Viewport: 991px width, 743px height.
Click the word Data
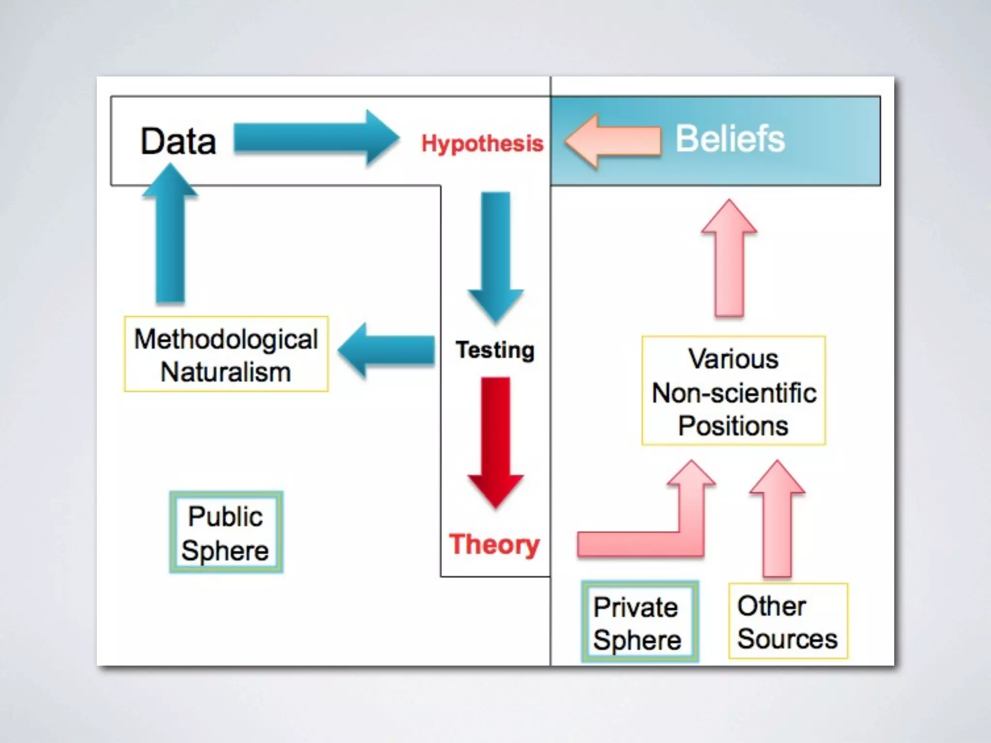(178, 141)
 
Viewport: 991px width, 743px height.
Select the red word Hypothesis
(482, 144)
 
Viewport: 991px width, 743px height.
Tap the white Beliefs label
(730, 139)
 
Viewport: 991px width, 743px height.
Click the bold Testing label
(495, 350)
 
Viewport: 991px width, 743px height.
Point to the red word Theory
(494, 545)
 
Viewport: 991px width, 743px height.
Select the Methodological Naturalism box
(226, 354)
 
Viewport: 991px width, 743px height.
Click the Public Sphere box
(226, 532)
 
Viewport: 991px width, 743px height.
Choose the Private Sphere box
(640, 622)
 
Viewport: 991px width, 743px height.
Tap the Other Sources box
(788, 621)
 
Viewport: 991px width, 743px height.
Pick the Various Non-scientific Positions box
(734, 391)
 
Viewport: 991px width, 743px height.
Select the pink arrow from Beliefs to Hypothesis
(613, 141)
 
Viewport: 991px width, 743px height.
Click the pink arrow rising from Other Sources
(777, 518)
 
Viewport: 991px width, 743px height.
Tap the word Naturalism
(226, 372)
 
